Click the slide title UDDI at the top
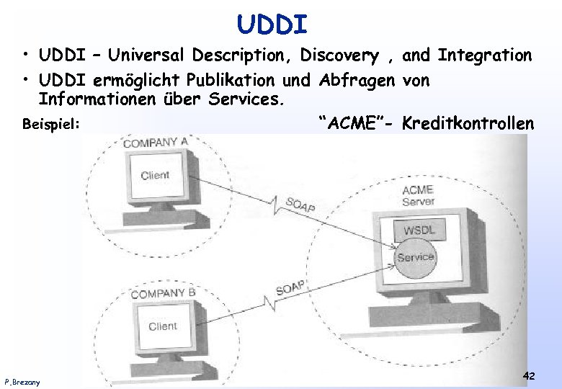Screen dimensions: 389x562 [272, 25]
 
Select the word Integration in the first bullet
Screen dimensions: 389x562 [484, 55]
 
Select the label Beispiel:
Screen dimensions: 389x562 [50, 125]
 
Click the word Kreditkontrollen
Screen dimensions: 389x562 [468, 123]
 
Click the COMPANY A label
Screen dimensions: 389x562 [156, 143]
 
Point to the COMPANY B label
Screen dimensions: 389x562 [163, 293]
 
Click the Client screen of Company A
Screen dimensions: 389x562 [155, 176]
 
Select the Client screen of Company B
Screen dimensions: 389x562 [163, 326]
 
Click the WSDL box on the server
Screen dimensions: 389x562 [419, 231]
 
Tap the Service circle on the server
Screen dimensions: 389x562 [416, 256]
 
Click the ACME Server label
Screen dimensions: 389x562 [418, 195]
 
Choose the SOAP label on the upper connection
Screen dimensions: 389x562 [300, 204]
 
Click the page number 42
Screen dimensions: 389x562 [528, 375]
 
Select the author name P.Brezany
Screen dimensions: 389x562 [22, 381]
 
